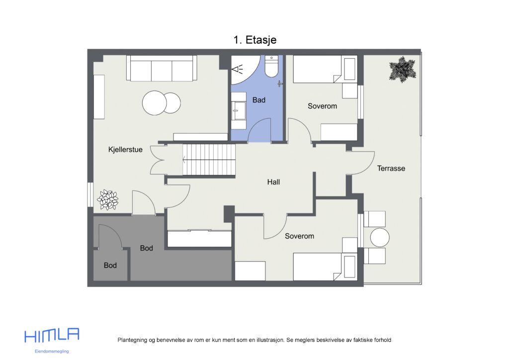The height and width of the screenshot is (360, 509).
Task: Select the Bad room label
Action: pyautogui.click(x=258, y=100)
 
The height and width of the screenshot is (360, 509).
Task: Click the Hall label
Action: pyautogui.click(x=273, y=182)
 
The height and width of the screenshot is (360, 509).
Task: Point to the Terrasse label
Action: pyautogui.click(x=391, y=168)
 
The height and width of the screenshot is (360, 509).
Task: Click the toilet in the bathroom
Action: pyautogui.click(x=271, y=67)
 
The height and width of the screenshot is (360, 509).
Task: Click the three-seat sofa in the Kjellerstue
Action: pyautogui.click(x=162, y=68)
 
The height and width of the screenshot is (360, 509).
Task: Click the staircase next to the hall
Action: pyautogui.click(x=209, y=159)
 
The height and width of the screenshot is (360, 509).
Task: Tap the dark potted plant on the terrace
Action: pyautogui.click(x=402, y=69)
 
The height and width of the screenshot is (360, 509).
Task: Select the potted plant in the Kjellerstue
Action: pyautogui.click(x=108, y=200)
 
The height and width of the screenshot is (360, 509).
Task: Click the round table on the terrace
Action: pyautogui.click(x=380, y=238)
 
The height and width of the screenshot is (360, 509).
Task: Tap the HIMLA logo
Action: pyautogui.click(x=52, y=336)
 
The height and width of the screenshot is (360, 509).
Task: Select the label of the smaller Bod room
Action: pyautogui.click(x=110, y=266)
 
